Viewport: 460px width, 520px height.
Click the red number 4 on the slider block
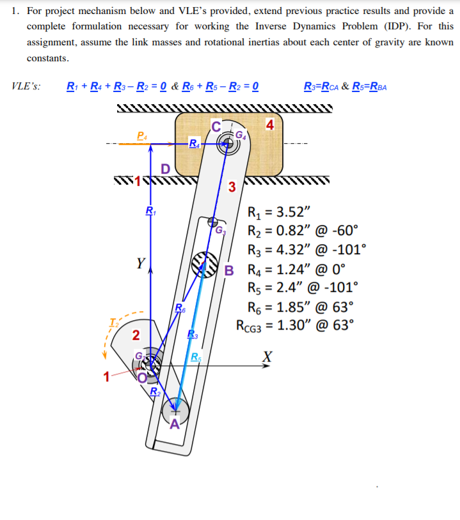(x=271, y=124)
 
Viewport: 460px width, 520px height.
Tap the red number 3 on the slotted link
(x=232, y=187)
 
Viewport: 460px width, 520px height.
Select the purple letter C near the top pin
(x=216, y=126)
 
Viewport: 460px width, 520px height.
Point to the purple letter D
(x=165, y=169)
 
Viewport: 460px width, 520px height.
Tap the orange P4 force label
(x=142, y=135)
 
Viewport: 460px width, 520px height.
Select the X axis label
(x=267, y=356)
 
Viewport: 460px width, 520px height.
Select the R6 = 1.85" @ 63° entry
(x=299, y=305)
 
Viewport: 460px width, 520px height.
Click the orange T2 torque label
(x=113, y=321)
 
